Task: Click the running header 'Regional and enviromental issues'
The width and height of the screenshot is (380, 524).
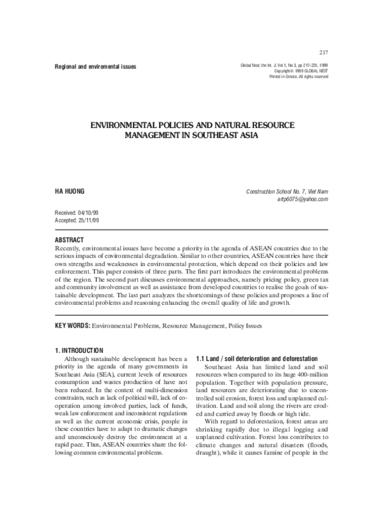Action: pos(95,67)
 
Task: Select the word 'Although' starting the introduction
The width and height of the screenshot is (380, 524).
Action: pos(79,359)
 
